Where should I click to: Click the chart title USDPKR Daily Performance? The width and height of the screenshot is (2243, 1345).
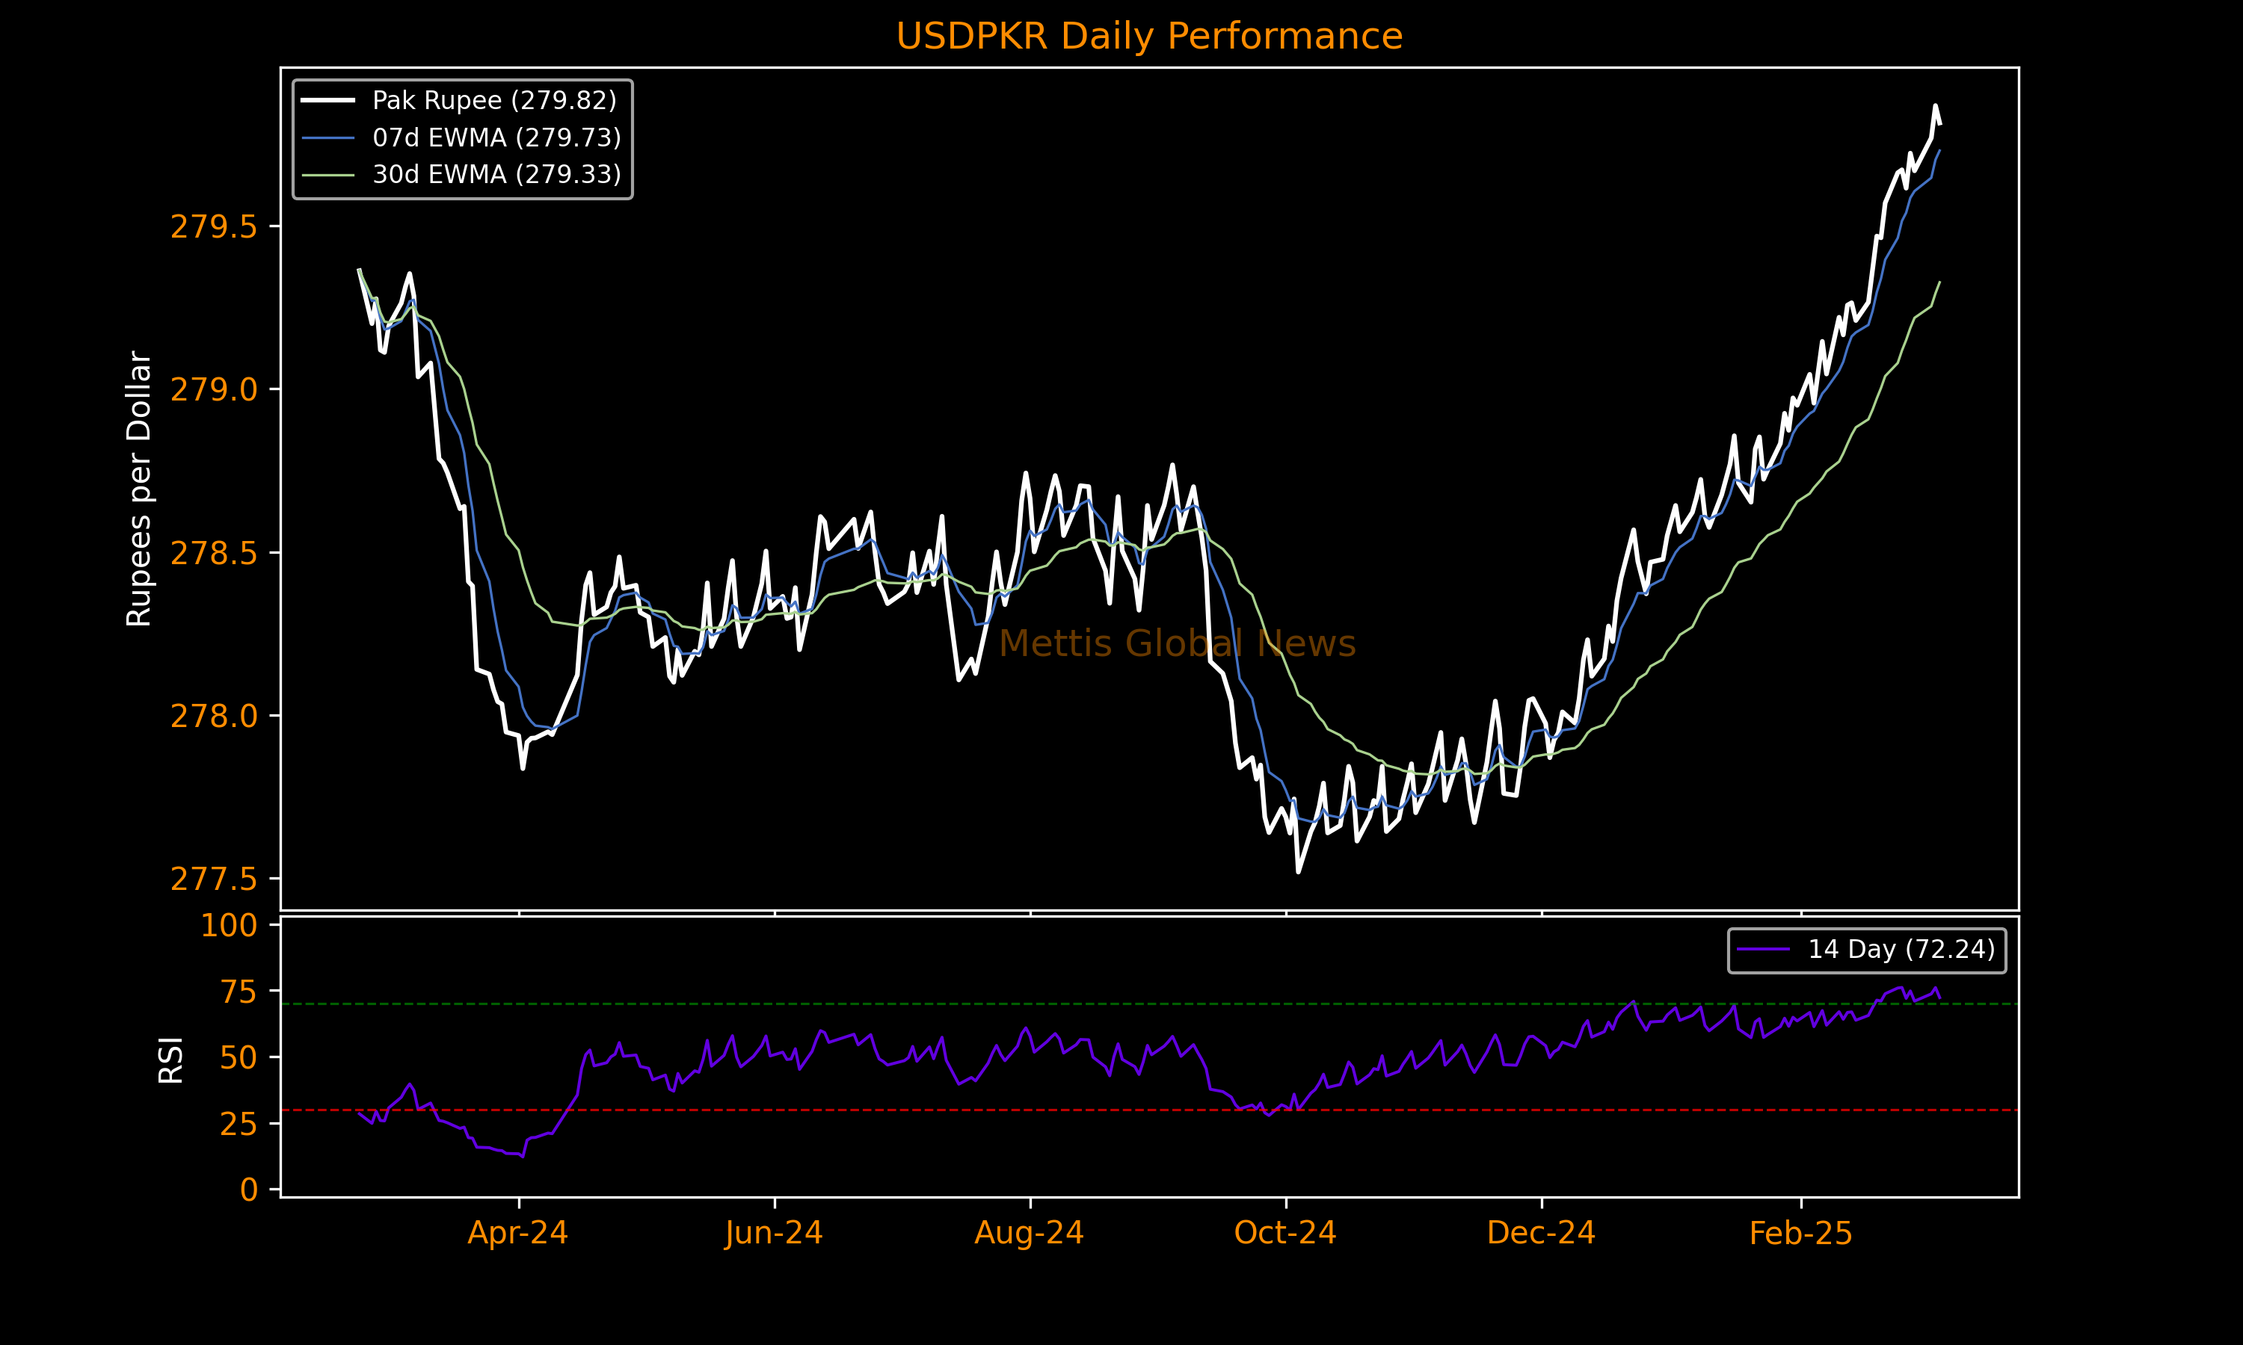click(x=1148, y=37)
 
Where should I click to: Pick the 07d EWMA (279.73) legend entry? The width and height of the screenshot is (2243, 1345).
click(x=496, y=137)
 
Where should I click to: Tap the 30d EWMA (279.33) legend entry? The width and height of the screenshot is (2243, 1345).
click(x=496, y=174)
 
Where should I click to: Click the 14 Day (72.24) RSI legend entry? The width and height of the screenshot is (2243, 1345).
click(x=1901, y=949)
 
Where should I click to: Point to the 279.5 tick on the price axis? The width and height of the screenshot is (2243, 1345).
click(x=213, y=226)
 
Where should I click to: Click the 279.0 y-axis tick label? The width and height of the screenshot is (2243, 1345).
click(x=213, y=390)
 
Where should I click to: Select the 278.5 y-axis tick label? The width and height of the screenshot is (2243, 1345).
click(x=213, y=553)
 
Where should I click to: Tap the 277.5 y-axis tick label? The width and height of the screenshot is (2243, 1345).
click(x=213, y=879)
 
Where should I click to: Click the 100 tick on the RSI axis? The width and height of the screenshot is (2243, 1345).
click(x=229, y=925)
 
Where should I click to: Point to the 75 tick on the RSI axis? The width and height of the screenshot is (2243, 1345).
click(x=239, y=992)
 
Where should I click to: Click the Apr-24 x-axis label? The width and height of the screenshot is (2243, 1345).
click(x=517, y=1233)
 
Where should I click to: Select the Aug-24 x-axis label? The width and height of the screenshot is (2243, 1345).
click(x=1029, y=1233)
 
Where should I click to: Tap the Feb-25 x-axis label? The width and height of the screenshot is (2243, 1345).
click(x=1800, y=1233)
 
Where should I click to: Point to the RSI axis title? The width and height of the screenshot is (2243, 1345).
click(x=170, y=1060)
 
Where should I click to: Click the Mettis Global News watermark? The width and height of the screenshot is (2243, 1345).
click(x=1177, y=643)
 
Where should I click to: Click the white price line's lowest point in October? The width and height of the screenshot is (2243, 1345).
click(x=1298, y=872)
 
